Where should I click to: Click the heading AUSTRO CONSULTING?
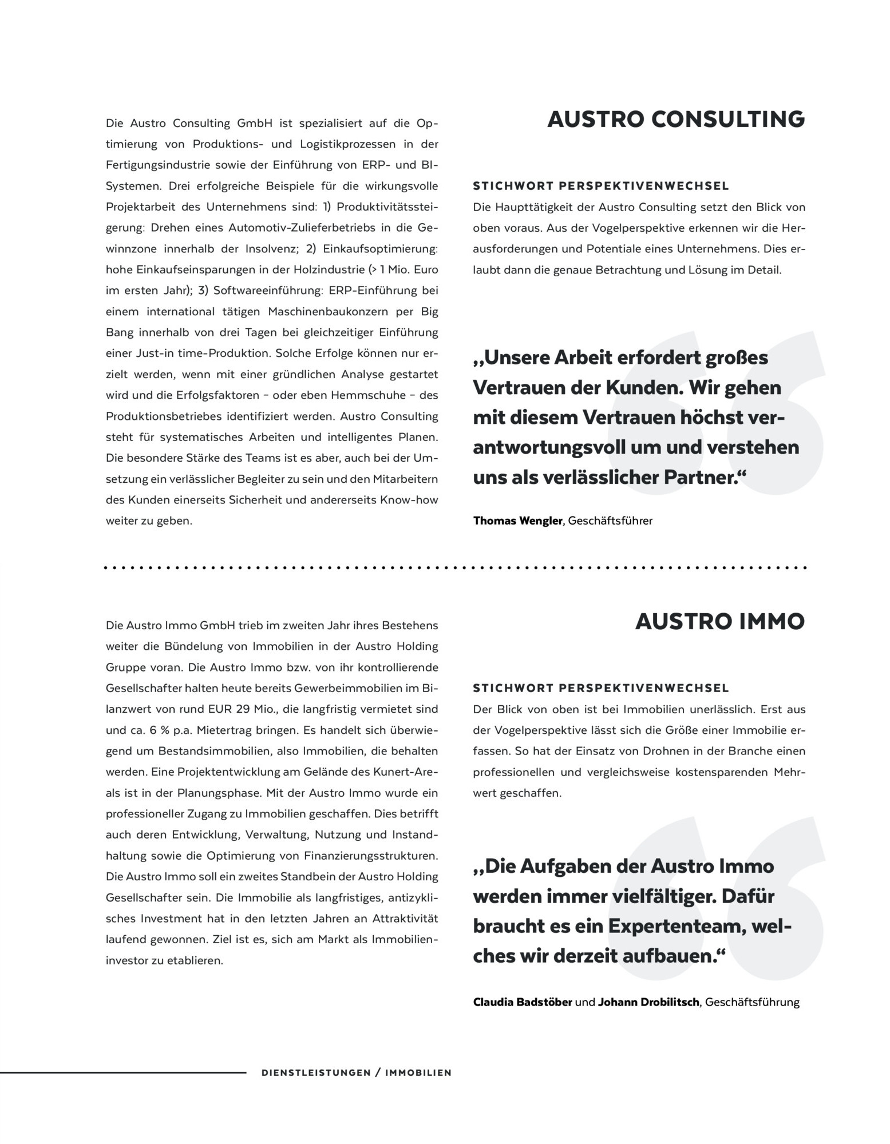tap(676, 120)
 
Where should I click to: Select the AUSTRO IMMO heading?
tap(719, 622)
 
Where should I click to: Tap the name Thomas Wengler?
tap(517, 521)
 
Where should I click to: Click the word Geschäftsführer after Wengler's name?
tap(610, 521)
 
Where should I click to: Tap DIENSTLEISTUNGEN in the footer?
tap(316, 1073)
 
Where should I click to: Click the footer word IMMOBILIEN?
tap(418, 1073)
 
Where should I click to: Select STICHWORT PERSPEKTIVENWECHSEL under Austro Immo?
tap(600, 688)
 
